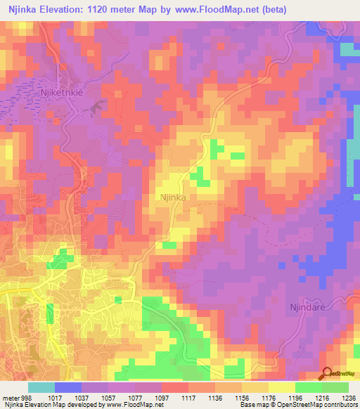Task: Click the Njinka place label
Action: [173, 198]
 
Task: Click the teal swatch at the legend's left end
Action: [41, 387]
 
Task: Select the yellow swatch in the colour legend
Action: [281, 387]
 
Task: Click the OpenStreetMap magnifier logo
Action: [326, 374]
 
